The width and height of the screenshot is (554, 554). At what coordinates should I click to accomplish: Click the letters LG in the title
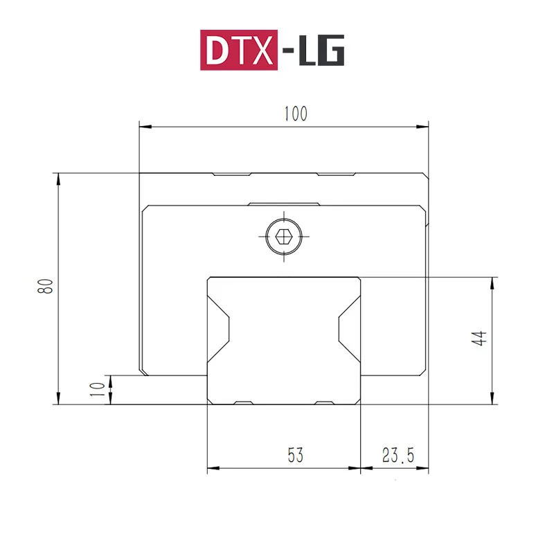coord(321,51)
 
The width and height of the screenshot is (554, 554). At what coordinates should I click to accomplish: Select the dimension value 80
coord(46,286)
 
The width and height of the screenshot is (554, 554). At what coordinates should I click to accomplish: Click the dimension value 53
coord(295,455)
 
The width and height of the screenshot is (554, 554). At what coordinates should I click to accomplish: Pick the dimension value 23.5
coord(397,455)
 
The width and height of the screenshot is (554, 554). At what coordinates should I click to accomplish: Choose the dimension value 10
coord(99,390)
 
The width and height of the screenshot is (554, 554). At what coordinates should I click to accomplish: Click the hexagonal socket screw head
coord(283,237)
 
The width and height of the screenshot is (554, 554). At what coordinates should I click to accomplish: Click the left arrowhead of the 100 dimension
coord(144,127)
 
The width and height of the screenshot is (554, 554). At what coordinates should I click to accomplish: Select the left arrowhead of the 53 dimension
coord(213,469)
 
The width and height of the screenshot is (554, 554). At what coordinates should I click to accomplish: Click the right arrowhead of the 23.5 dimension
coord(424,469)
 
